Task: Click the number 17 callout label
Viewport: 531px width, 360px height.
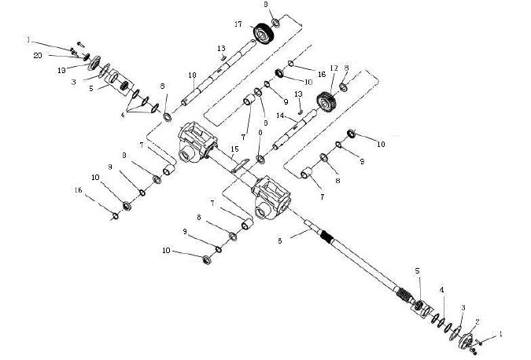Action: pos(237,24)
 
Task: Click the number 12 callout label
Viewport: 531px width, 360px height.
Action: pos(334,68)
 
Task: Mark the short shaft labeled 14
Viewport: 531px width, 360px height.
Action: pos(296,131)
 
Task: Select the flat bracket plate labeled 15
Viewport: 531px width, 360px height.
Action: pos(242,163)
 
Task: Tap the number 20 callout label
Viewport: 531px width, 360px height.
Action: pos(38,56)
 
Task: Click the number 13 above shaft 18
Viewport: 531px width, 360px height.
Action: pos(222,48)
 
